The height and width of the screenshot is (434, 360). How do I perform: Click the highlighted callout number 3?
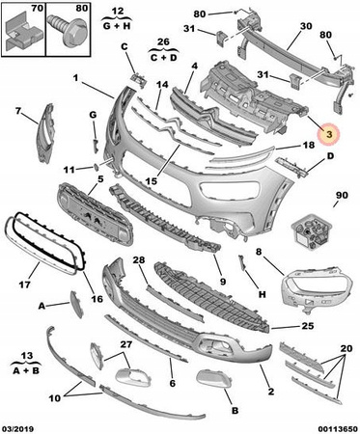pos(329,134)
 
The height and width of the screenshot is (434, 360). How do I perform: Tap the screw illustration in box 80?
pos(68,30)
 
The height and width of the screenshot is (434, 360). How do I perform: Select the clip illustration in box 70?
pos(23,32)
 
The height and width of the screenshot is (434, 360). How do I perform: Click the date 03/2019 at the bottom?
pos(18,429)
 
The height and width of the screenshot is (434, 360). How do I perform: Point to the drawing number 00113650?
pos(338,429)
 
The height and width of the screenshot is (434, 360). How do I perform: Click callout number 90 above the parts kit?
pos(342,195)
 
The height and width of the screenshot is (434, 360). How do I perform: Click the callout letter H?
pos(263,294)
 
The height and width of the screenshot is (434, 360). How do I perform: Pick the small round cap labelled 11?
pos(96,166)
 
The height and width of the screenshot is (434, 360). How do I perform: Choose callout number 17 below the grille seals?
pos(25,285)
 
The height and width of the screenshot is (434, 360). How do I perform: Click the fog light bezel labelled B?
pos(213,379)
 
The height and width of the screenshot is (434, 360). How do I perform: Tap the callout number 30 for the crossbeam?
pos(306,26)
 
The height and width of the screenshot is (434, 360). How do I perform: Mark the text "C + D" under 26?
pos(163,58)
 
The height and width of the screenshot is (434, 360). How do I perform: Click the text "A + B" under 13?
pos(26,370)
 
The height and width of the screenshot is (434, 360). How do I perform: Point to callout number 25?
pos(307,326)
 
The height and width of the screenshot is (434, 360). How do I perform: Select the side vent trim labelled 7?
pos(45,132)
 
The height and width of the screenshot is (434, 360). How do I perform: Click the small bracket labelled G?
pos(95,147)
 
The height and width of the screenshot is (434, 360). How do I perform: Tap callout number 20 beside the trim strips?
pos(346,348)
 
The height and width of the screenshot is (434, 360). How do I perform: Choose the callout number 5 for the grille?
pos(100,178)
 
